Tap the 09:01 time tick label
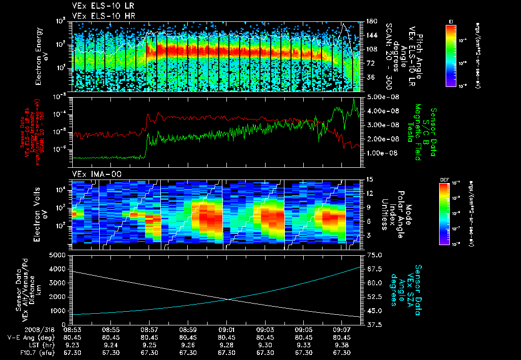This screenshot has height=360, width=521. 226,329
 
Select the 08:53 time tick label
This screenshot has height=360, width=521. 72,329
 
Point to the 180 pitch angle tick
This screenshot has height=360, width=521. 371,21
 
